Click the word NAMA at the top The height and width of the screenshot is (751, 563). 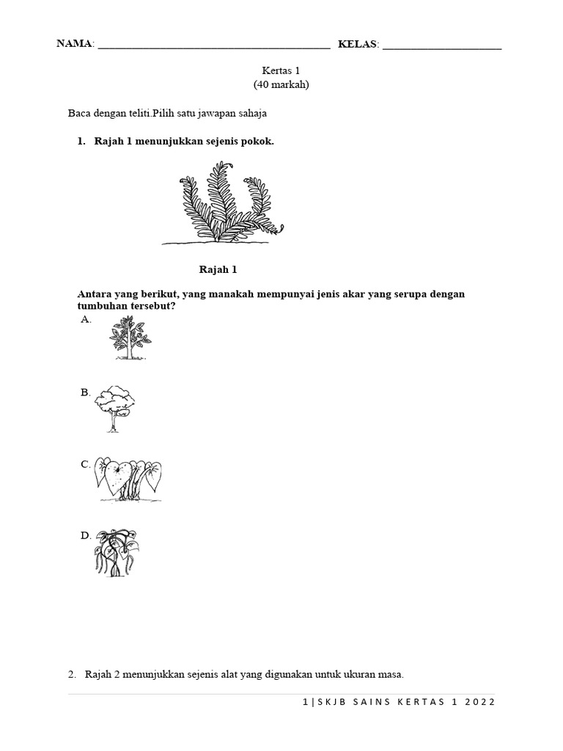click(75, 44)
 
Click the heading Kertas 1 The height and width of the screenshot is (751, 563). click(281, 70)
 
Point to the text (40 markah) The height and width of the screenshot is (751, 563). click(281, 85)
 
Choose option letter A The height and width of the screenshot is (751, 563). click(85, 320)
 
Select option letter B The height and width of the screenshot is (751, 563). click(85, 392)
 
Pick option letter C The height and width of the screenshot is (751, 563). click(85, 464)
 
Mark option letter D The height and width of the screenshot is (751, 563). click(85, 535)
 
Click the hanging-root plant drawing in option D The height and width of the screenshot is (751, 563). click(116, 552)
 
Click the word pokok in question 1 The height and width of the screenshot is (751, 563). click(258, 142)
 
